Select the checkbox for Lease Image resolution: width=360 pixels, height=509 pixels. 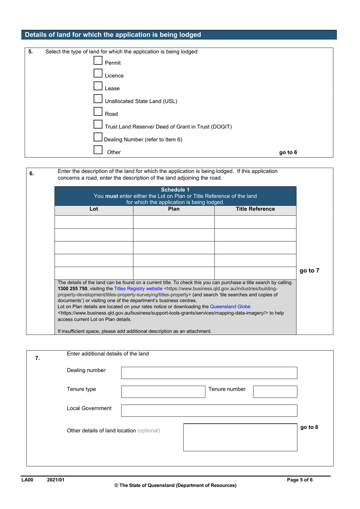tap(98, 86)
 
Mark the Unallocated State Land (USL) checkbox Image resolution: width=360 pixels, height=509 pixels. tap(98, 99)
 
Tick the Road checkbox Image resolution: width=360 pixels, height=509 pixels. tap(98, 112)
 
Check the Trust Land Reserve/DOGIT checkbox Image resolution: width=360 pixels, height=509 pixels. tap(98, 124)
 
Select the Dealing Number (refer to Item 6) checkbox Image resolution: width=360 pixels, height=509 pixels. tap(98, 137)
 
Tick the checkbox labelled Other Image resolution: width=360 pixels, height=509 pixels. tap(98, 150)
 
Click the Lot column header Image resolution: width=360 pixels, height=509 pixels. tap(94, 209)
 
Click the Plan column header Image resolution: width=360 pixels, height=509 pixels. tap(174, 209)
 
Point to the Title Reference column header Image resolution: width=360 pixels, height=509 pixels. tap(255, 209)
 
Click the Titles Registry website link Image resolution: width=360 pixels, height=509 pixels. tap(138, 289)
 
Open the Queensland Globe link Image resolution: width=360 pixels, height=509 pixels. tap(230, 306)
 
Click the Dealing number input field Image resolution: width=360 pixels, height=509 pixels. tap(209, 373)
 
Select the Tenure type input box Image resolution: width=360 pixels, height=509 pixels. tap(163, 392)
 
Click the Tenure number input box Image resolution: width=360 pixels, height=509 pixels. tap(275, 392)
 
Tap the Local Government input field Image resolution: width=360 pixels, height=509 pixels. tap(209, 410)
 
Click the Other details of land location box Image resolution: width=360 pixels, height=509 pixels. tap(240, 437)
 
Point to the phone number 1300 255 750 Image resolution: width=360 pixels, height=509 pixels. tap(72, 289)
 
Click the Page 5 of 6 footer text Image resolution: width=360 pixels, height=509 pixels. tap(300, 480)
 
